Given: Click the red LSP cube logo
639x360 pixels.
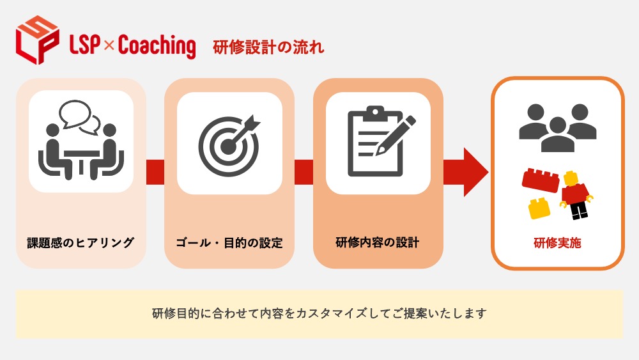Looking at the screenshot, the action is [x=37, y=40].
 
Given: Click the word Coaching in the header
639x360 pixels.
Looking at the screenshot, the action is [x=157, y=46].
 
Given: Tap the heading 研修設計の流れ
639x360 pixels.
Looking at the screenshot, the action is [x=268, y=47].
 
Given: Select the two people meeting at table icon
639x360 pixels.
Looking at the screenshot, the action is [x=81, y=140].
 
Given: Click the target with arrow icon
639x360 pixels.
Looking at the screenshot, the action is [x=229, y=145].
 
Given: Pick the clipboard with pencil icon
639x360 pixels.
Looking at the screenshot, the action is [x=381, y=141].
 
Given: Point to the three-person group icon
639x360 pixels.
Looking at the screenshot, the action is [x=557, y=128].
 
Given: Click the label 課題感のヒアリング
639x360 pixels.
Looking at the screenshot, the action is [x=81, y=242].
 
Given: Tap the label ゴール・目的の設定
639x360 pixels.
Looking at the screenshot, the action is [x=229, y=243].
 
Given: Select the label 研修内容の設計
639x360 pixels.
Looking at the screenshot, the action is [x=378, y=242].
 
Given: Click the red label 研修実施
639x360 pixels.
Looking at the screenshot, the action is [x=557, y=243].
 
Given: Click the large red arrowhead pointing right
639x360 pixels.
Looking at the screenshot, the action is [x=475, y=172].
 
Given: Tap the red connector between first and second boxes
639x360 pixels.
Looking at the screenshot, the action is [x=155, y=172].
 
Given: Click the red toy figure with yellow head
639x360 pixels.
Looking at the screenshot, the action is [x=576, y=195].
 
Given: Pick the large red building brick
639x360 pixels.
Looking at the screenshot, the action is [x=541, y=180].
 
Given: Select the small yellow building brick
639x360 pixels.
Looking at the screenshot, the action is [x=539, y=208].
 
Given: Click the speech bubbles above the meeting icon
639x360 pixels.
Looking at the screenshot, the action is [x=80, y=117].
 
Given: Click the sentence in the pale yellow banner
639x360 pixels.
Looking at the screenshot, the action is [x=319, y=313].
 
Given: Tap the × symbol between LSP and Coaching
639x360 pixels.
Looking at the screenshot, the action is [x=109, y=45].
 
